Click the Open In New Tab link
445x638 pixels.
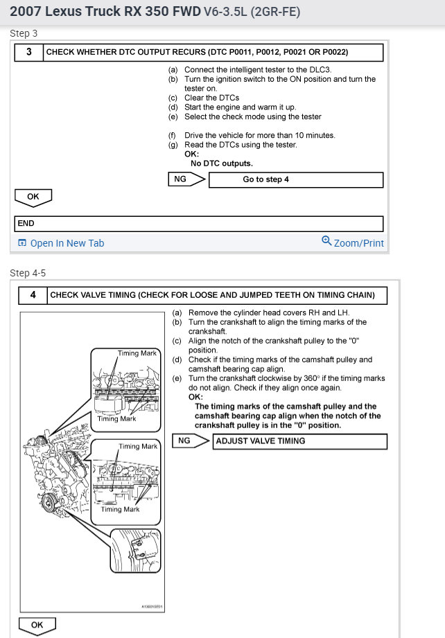tap(67, 243)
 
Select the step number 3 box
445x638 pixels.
tap(28, 52)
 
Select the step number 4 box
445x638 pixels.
tap(32, 295)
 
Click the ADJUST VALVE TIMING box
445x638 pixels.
tap(299, 441)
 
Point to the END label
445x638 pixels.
tap(26, 224)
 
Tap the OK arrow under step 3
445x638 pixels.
tap(33, 197)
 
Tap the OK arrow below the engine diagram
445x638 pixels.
tap(37, 626)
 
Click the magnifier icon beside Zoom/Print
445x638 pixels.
tap(326, 241)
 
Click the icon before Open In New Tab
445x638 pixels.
tap(22, 243)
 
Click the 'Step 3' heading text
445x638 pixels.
tap(24, 33)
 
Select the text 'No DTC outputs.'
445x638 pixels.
tap(222, 163)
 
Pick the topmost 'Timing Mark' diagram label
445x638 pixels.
tap(137, 353)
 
